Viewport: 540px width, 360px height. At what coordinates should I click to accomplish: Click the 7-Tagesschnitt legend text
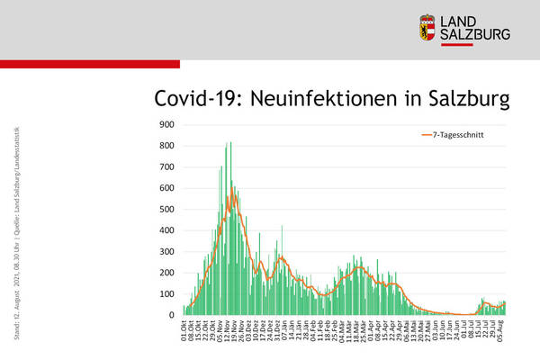462,136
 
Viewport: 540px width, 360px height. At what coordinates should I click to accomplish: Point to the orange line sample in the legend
426,136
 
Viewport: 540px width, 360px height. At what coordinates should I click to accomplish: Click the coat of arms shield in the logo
428,27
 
